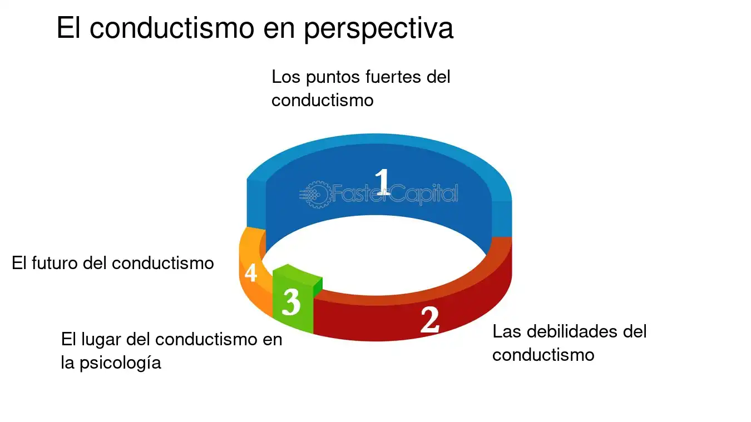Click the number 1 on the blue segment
pyautogui.click(x=383, y=182)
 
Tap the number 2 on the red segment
pyautogui.click(x=430, y=320)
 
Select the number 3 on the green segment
pyautogui.click(x=291, y=302)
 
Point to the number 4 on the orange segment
pyautogui.click(x=251, y=272)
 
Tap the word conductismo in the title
pyautogui.click(x=172, y=27)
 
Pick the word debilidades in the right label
pyautogui.click(x=572, y=331)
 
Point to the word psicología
pyautogui.click(x=120, y=364)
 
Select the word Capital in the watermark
pyautogui.click(x=423, y=194)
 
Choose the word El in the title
pyautogui.click(x=68, y=27)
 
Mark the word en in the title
pyautogui.click(x=279, y=29)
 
